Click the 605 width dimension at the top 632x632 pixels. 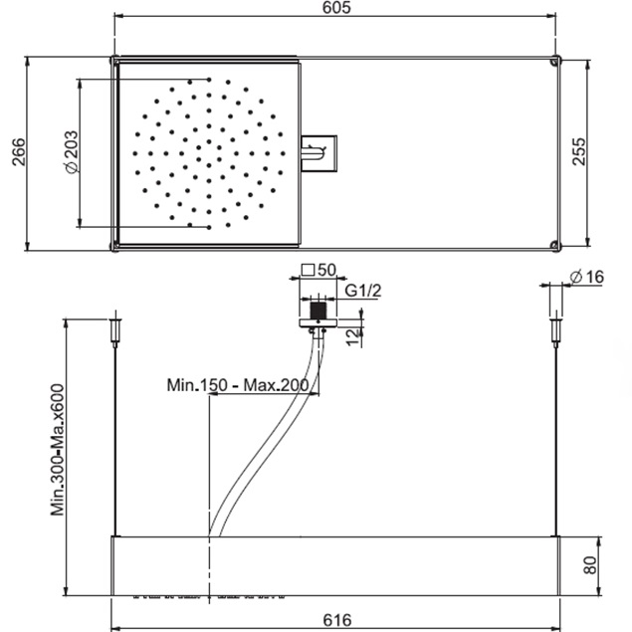coord(336,7)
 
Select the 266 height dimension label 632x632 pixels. coord(19,152)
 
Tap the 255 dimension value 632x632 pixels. coord(579,151)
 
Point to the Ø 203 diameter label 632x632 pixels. coord(72,152)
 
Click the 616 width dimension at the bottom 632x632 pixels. coord(337,620)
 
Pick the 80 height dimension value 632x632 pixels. coord(589,565)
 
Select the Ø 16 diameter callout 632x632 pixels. coord(587,277)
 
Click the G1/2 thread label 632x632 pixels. coord(362,291)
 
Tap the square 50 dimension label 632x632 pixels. coord(318,270)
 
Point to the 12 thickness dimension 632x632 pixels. coord(352,337)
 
